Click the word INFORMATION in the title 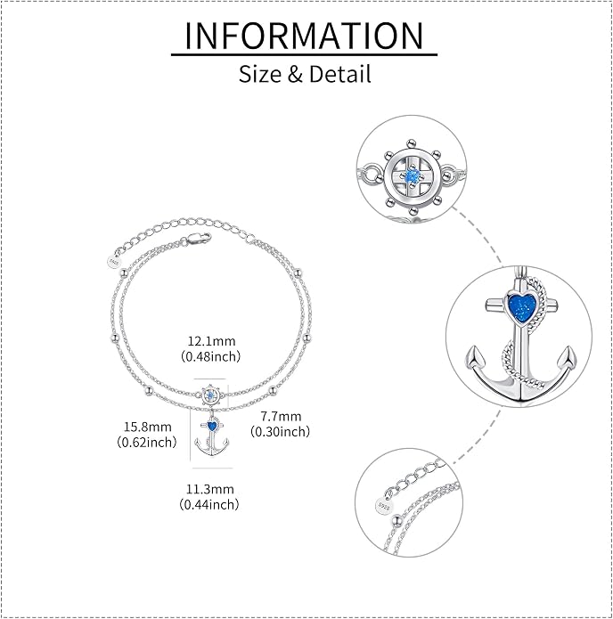(304, 36)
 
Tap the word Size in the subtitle (260, 74)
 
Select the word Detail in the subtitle (340, 74)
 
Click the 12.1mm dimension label (211, 341)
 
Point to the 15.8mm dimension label (148, 427)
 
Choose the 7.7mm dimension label (281, 416)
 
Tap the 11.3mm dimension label (210, 489)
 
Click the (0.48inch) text (211, 356)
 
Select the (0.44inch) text (209, 504)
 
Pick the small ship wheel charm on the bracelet (210, 395)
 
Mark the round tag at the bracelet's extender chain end (113, 262)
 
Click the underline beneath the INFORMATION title (304, 54)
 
